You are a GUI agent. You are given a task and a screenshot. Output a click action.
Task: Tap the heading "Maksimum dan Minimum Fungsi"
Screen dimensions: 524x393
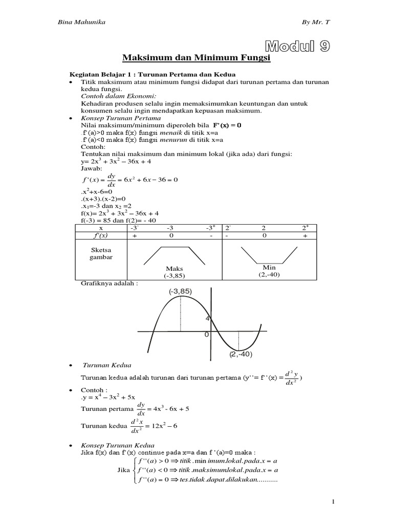196,59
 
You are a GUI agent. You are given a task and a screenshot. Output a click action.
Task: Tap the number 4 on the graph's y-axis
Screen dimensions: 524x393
208,318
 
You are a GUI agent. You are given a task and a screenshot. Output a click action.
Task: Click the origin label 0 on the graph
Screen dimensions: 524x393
206,334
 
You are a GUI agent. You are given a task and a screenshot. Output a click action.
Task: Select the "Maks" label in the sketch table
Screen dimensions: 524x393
174,268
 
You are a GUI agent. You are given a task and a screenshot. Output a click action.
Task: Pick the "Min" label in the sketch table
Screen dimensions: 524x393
269,267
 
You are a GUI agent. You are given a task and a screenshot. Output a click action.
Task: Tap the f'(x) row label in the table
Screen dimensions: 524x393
101,235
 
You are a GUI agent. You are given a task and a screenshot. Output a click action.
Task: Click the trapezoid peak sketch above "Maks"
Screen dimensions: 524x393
174,254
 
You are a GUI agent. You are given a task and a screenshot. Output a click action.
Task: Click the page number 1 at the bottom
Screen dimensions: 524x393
334,503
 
